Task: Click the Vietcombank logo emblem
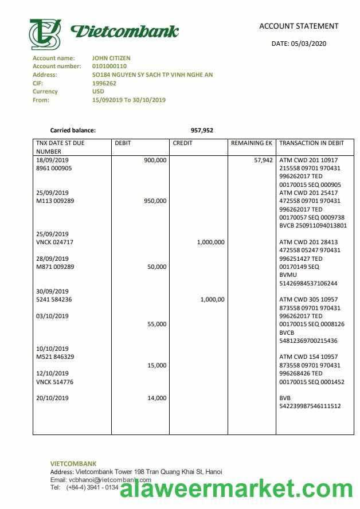[x=45, y=34]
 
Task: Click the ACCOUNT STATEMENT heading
[x=299, y=26]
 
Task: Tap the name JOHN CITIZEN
[x=111, y=58]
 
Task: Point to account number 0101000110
[x=109, y=66]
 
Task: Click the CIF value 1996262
[x=104, y=83]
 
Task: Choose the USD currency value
[x=98, y=91]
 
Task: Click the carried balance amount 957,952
[x=202, y=130]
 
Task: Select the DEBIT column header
[x=123, y=143]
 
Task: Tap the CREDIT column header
[x=182, y=143]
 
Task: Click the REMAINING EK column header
[x=251, y=143]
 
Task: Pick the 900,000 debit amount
[x=155, y=160]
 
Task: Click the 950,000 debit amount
[x=155, y=201]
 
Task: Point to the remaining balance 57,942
[x=263, y=160]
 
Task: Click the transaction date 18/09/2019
[x=52, y=160]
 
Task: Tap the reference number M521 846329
[x=55, y=357]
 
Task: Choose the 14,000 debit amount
[x=156, y=398]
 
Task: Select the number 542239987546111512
[x=310, y=406]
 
